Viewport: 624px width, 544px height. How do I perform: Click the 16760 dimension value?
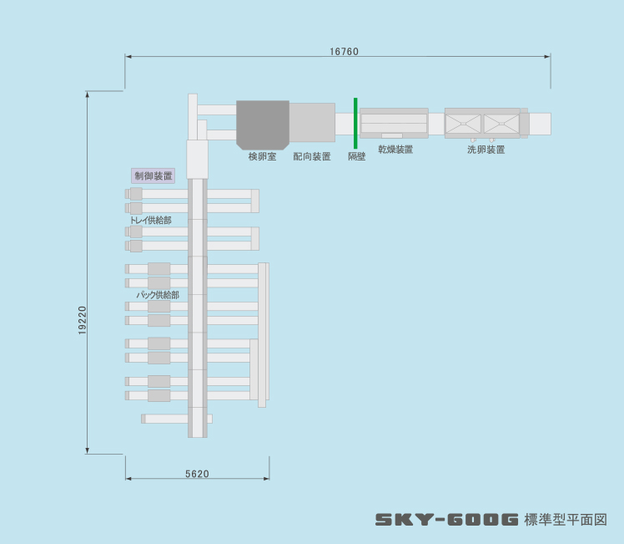pyautogui.click(x=344, y=52)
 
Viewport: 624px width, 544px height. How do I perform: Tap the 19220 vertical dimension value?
pyautogui.click(x=83, y=320)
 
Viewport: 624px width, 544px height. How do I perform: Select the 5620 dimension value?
pyautogui.click(x=197, y=474)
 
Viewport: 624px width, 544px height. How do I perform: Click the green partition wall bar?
pyautogui.click(x=355, y=123)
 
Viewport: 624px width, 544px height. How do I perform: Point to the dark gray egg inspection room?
pyautogui.click(x=263, y=125)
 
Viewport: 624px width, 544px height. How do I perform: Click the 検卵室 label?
pyautogui.click(x=262, y=156)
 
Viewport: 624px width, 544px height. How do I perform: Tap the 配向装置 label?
pyautogui.click(x=312, y=156)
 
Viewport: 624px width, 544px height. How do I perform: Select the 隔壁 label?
pyautogui.click(x=356, y=156)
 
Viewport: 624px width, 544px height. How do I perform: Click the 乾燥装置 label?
pyautogui.click(x=395, y=150)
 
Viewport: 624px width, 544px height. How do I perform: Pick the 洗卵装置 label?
pyautogui.click(x=486, y=150)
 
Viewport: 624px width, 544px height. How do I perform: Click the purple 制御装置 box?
pyautogui.click(x=153, y=175)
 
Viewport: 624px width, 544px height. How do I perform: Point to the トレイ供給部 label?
pyautogui.click(x=151, y=220)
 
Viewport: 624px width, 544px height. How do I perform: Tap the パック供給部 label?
pyautogui.click(x=158, y=295)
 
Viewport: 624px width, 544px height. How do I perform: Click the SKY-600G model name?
pyautogui.click(x=447, y=519)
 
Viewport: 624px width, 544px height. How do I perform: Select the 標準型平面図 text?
pyautogui.click(x=566, y=520)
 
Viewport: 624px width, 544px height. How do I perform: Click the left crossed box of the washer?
pyautogui.click(x=463, y=124)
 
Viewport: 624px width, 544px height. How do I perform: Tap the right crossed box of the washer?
pyautogui.click(x=501, y=124)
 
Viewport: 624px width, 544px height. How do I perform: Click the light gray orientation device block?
pyautogui.click(x=312, y=122)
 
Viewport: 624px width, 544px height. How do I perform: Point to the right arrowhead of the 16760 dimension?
pyautogui.click(x=547, y=57)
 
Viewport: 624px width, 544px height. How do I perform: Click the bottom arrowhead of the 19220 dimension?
pyautogui.click(x=87, y=450)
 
